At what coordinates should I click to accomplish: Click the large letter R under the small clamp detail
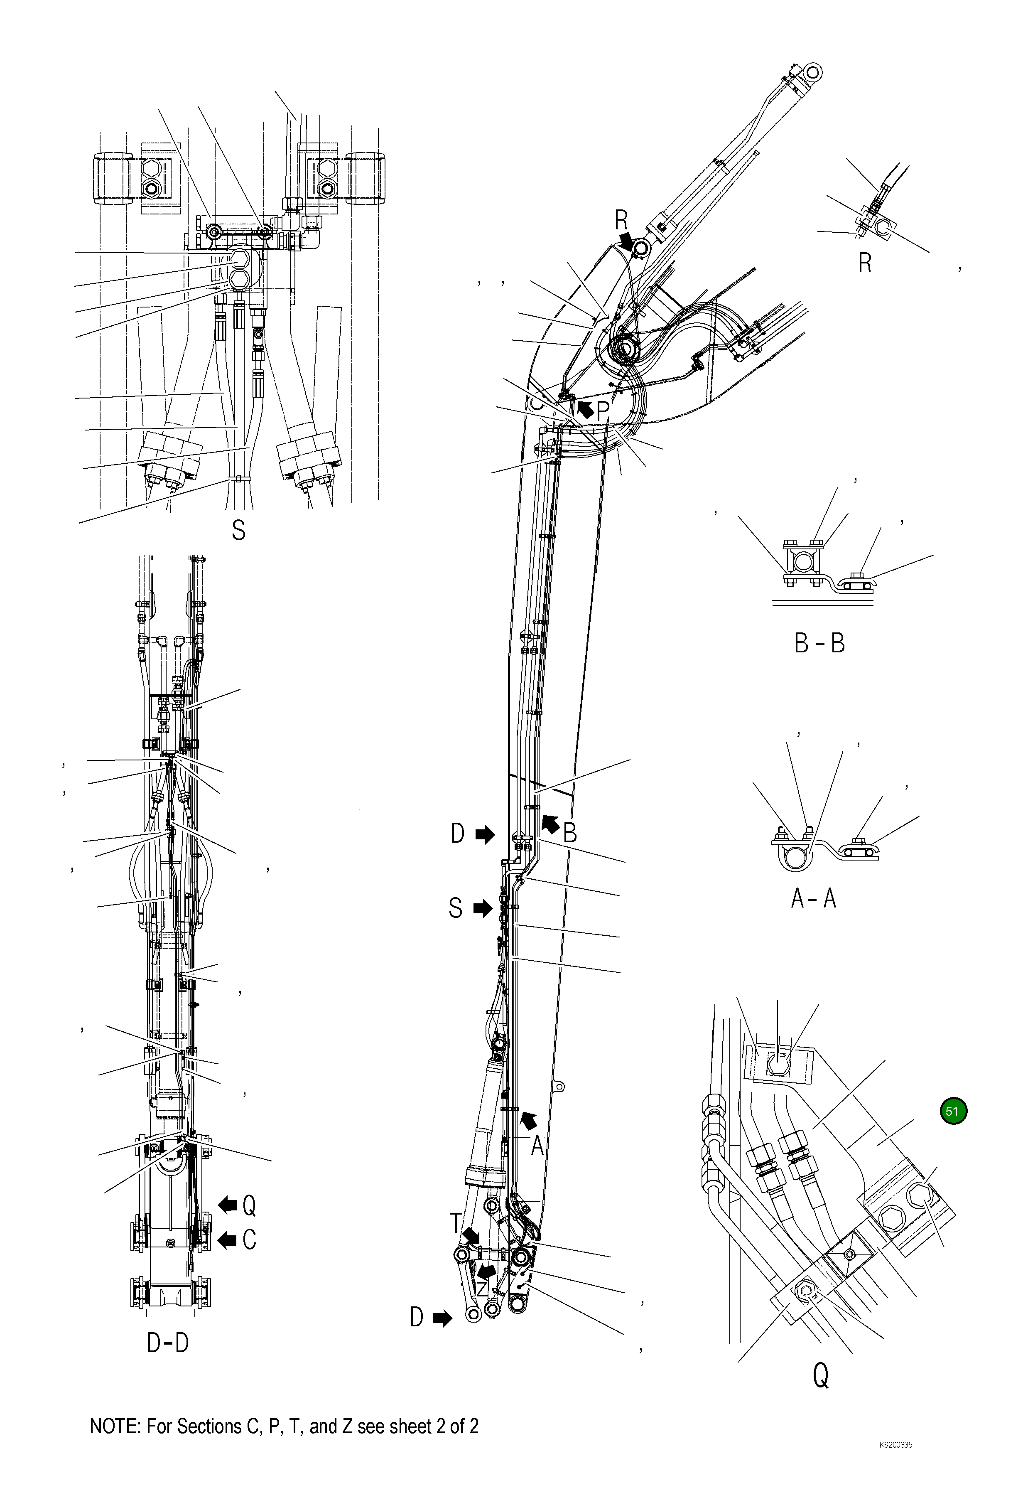(864, 263)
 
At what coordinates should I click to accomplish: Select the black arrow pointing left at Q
(227, 1205)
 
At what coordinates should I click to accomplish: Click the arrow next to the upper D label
(485, 835)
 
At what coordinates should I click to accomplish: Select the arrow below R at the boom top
(627, 242)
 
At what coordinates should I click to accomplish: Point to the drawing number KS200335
(895, 1458)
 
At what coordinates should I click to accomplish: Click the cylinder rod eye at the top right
(812, 71)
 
